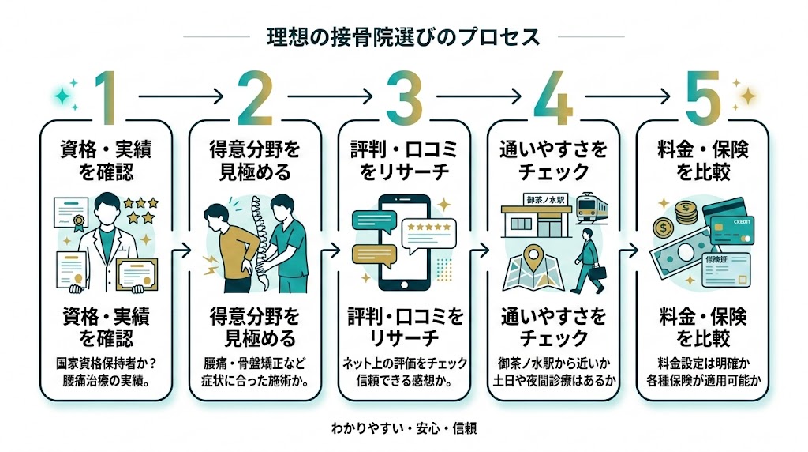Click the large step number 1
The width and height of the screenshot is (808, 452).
coord(108,96)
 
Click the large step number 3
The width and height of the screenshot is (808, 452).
coord(404,96)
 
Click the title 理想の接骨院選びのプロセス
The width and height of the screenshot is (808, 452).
coord(404,36)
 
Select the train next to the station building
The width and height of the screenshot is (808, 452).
coord(589,209)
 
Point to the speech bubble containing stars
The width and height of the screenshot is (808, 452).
coord(428,229)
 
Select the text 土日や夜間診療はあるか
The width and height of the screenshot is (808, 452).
coord(552,380)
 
